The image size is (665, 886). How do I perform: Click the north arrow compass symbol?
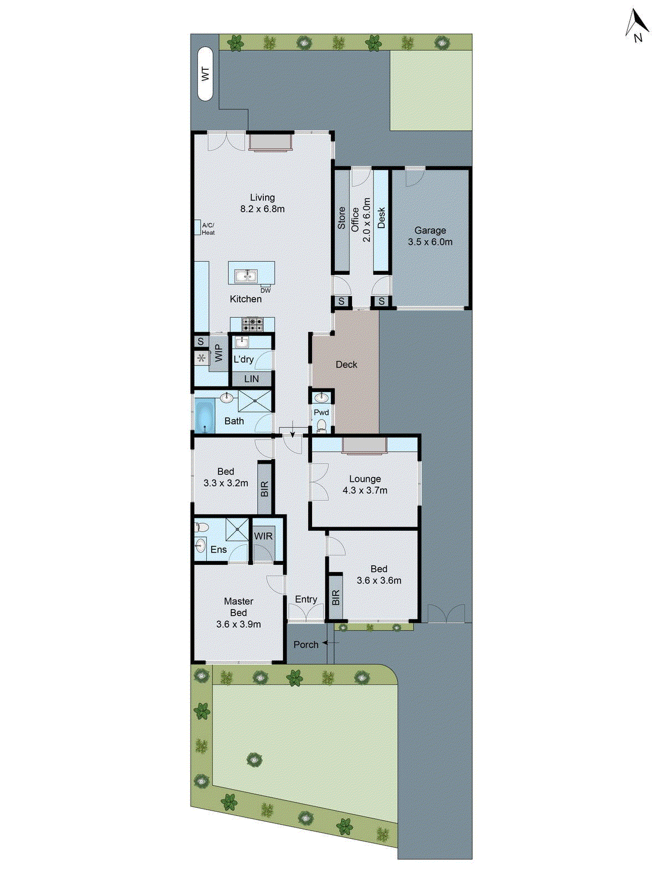coord(637,25)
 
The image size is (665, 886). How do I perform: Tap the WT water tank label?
coord(206,74)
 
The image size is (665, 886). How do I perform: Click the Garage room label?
coord(430,230)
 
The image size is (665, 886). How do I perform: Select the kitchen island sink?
coord(244,275)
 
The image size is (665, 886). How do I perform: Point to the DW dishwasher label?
coord(265,290)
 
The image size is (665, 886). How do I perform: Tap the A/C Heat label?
coord(208,229)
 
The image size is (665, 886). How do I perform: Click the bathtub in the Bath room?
coord(204,416)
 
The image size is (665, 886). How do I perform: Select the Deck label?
coord(346,364)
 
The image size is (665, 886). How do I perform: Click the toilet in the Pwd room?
coord(321,425)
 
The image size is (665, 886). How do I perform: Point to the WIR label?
coord(263,536)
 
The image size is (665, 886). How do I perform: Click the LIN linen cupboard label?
coord(252,379)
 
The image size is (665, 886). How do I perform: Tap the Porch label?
coord(306,645)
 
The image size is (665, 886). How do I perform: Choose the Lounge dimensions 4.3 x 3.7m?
coord(365,490)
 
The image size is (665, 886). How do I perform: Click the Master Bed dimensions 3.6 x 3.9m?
coord(238,624)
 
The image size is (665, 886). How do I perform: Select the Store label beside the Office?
coord(341,218)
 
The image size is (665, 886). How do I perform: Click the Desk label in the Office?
coord(381,218)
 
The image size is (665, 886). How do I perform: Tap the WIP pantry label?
coord(218,353)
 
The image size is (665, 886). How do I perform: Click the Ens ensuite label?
coord(218,549)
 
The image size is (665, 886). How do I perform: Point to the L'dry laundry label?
coord(243,359)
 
